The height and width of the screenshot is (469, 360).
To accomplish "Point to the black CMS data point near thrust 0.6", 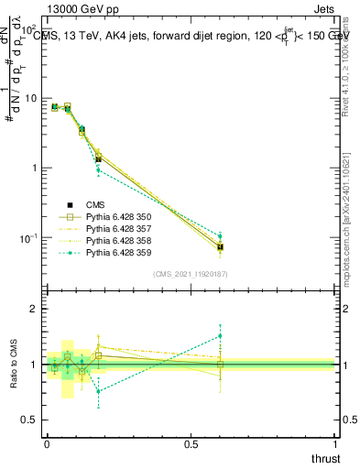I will pyautogui.click(x=220, y=247).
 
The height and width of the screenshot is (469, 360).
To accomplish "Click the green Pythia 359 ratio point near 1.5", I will pyautogui.click(x=220, y=335).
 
